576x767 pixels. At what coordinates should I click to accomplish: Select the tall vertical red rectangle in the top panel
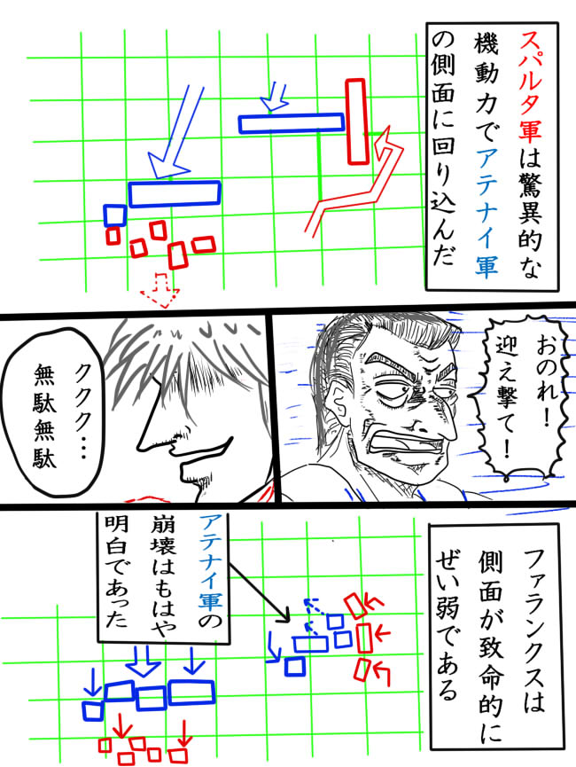(356, 121)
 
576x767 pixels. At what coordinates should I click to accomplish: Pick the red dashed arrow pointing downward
(163, 288)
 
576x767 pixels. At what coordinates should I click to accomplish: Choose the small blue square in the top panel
(114, 215)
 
